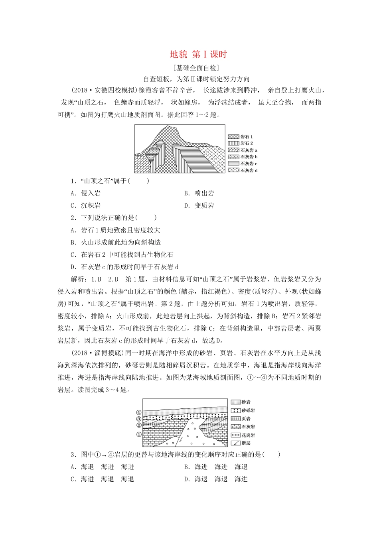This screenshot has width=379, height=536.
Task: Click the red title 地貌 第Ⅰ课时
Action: pyautogui.click(x=198, y=55)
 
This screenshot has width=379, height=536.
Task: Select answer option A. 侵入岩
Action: pyautogui.click(x=86, y=193)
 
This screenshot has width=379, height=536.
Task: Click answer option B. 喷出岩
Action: pyautogui.click(x=199, y=193)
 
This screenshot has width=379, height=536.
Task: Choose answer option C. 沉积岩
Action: pyautogui.click(x=86, y=206)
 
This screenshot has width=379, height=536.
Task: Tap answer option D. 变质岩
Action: pyautogui.click(x=199, y=206)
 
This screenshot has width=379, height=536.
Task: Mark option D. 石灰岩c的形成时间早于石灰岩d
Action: pyautogui.click(x=124, y=267)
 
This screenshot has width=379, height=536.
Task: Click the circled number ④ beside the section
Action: pyautogui.click(x=139, y=413)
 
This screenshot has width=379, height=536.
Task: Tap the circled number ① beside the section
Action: pyautogui.click(x=139, y=434)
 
